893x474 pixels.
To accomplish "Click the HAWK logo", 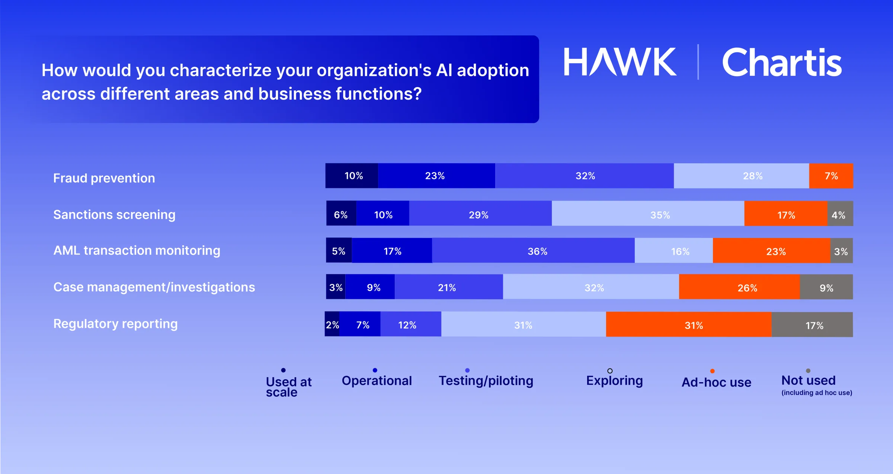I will (620, 62).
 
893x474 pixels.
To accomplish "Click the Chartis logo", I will (781, 62).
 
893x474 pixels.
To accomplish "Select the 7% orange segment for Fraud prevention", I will (831, 176).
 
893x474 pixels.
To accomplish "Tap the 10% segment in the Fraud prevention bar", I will (352, 176).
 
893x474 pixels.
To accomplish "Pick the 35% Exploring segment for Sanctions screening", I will (648, 215).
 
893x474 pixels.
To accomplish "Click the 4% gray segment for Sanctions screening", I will (840, 215).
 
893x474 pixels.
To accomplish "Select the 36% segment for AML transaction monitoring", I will (533, 251).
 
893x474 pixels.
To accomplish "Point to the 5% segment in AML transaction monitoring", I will (339, 251).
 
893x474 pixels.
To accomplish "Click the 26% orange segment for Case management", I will (739, 287).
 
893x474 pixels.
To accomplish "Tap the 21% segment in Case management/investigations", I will (448, 287).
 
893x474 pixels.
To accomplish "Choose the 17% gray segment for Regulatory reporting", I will (812, 325).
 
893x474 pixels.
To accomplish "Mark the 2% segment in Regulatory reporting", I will (332, 325).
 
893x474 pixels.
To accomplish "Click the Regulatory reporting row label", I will (115, 324).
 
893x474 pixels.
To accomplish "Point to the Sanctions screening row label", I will (114, 215).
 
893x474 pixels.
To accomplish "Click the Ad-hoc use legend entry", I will (716, 382).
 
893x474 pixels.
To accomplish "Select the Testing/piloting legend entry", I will (486, 381).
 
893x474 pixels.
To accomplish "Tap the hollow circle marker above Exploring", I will (610, 371).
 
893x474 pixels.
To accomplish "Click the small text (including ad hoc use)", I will (817, 393).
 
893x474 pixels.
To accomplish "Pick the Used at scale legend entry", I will (288, 387).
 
